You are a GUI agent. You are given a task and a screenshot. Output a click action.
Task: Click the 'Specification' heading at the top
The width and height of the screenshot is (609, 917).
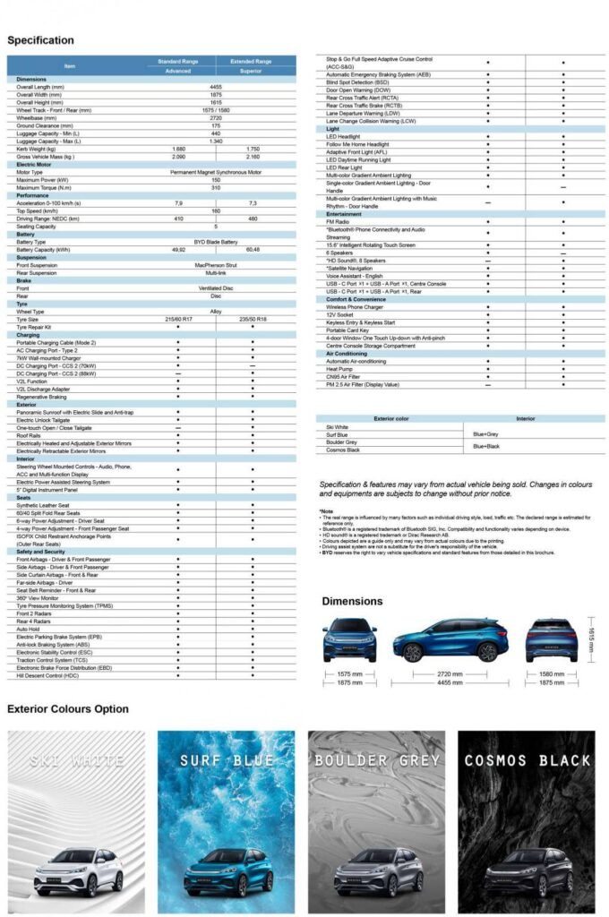tap(40, 40)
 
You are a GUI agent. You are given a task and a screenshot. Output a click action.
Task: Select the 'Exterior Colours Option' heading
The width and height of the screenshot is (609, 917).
tap(68, 709)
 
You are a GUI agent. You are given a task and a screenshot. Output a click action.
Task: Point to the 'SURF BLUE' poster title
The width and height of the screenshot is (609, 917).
tap(226, 761)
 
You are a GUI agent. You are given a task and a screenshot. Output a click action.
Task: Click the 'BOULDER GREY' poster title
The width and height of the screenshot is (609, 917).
tap(376, 761)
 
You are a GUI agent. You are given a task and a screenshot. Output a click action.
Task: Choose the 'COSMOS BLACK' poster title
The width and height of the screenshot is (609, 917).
tap(527, 761)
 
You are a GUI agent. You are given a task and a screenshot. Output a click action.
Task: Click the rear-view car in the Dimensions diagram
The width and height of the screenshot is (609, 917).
tap(551, 639)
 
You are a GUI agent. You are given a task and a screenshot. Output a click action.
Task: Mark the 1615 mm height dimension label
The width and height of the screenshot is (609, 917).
tap(592, 639)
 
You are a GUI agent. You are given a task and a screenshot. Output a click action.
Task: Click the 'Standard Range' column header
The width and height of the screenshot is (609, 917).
tap(178, 61)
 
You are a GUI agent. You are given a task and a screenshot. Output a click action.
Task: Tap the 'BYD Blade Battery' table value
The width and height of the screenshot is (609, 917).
tap(216, 242)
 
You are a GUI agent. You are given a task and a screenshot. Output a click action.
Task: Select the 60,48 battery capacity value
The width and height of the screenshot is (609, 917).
tap(253, 250)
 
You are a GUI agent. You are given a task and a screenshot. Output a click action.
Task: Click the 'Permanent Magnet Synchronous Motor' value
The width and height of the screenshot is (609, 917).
tap(216, 172)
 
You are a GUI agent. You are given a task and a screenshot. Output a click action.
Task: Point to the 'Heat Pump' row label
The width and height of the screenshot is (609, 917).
tap(339, 369)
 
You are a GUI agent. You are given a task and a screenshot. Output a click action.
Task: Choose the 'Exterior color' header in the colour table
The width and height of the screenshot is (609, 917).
tap(390, 418)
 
